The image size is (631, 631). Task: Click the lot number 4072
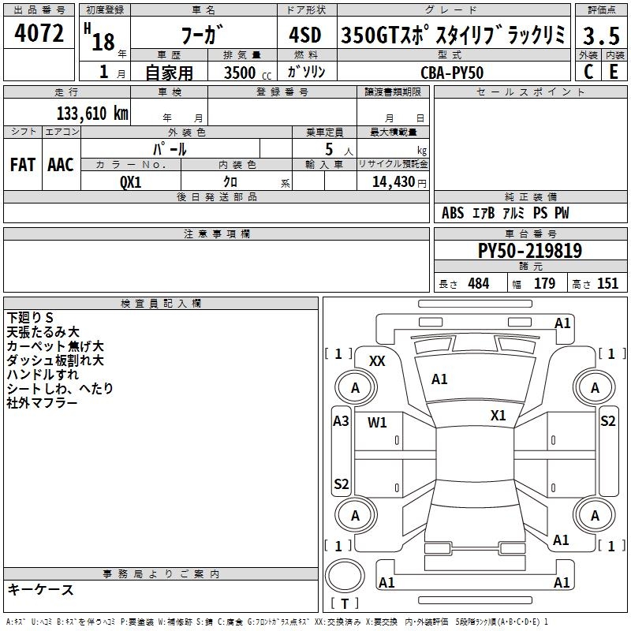pos(39,34)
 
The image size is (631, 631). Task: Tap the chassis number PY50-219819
pos(530,251)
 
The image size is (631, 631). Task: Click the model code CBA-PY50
pos(452,73)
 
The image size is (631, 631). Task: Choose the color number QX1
pos(130,181)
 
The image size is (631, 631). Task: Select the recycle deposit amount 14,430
pos(391,181)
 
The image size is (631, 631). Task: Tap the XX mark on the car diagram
pos(377,360)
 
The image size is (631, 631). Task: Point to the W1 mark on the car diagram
pos(377,422)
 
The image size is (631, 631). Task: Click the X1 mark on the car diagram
pos(498,416)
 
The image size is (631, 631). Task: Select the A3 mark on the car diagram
pos(341,420)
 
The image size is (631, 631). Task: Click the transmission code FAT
pos(22,164)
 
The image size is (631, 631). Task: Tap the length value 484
pos(478,284)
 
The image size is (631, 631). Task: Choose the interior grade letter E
pos(613,71)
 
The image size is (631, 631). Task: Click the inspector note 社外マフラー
pos(42,402)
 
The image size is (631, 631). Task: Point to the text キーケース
pos(40,590)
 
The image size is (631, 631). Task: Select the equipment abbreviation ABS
pos(453,213)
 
